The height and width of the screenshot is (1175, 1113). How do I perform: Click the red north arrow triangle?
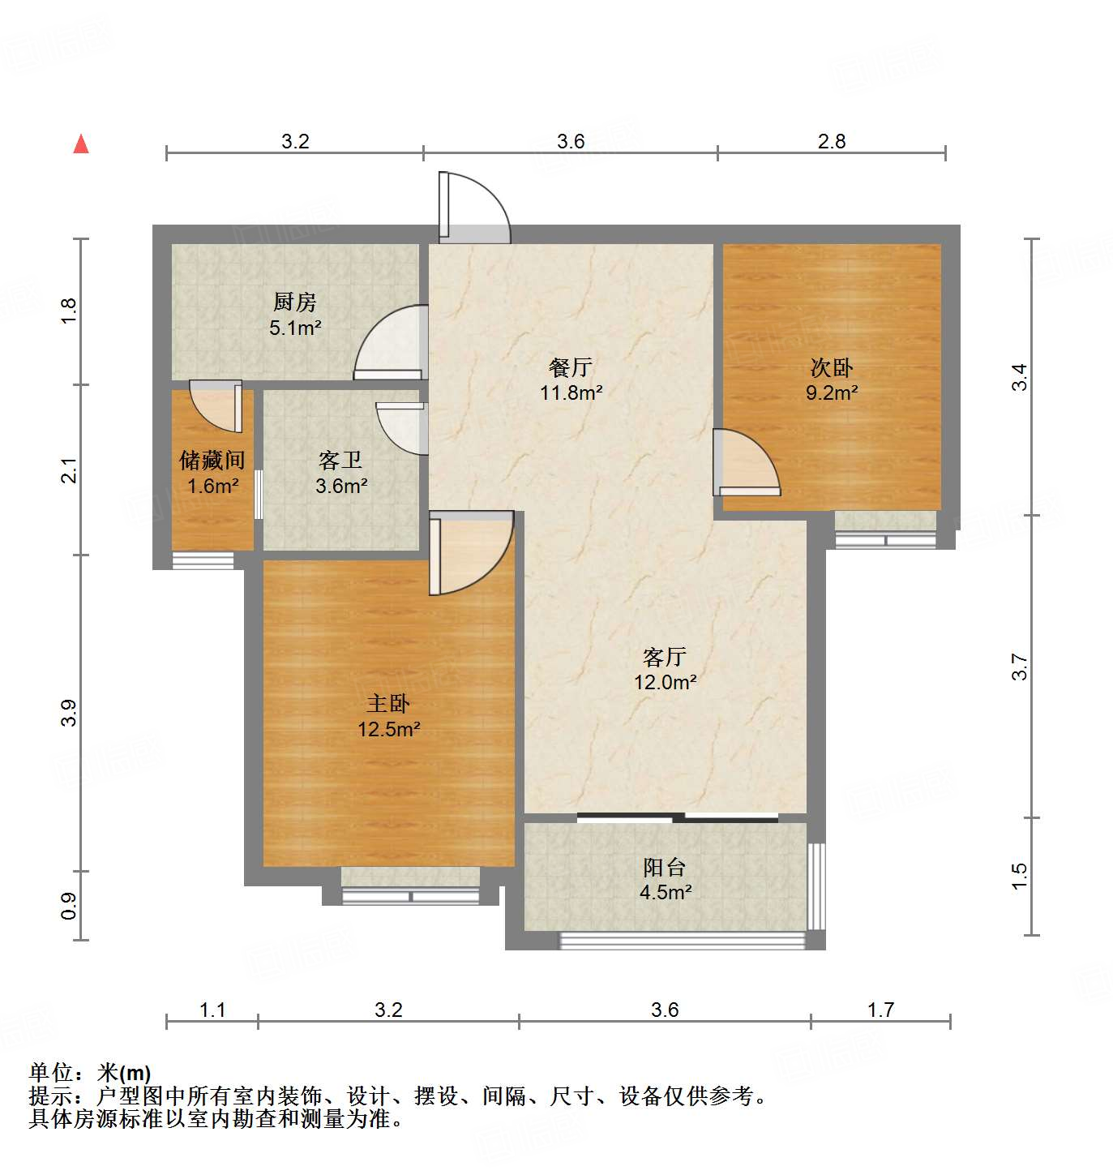pyautogui.click(x=81, y=144)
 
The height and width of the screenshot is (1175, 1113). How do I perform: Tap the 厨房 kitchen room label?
pyautogui.click(x=294, y=302)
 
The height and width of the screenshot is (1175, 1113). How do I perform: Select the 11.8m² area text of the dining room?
pyautogui.click(x=571, y=393)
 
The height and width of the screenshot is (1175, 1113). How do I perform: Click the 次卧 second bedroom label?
pyautogui.click(x=831, y=367)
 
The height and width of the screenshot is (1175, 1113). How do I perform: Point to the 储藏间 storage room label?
pyautogui.click(x=212, y=461)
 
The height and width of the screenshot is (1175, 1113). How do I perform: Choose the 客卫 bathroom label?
pyautogui.click(x=340, y=461)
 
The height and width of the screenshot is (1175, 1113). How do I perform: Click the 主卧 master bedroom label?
pyautogui.click(x=388, y=703)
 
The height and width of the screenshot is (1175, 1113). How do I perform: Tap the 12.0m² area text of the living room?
pyautogui.click(x=665, y=682)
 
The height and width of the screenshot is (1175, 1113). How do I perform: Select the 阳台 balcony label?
pyautogui.click(x=665, y=867)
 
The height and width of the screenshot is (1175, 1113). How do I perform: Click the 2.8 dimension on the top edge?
pyautogui.click(x=832, y=141)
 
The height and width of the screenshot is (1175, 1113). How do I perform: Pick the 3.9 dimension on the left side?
pyautogui.click(x=69, y=712)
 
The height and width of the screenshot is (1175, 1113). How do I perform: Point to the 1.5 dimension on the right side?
pyautogui.click(x=1019, y=876)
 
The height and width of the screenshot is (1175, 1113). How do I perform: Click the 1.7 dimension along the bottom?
pyautogui.click(x=880, y=1010)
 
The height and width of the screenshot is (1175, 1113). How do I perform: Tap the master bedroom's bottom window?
pyautogui.click(x=411, y=896)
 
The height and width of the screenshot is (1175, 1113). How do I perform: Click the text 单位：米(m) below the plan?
pyautogui.click(x=90, y=1073)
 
